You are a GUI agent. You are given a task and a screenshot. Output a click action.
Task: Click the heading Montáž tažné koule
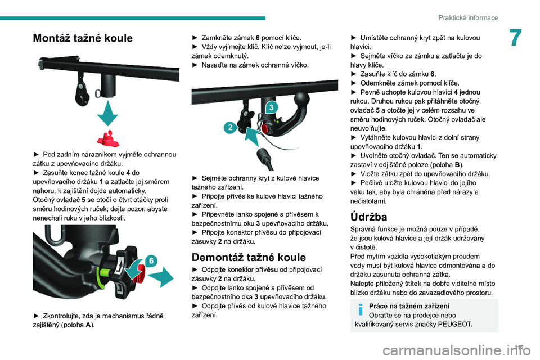click(x=83, y=38)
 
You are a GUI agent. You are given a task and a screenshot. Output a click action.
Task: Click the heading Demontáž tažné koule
click(x=248, y=258)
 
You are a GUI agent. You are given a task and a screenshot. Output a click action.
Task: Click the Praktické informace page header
click(x=468, y=17)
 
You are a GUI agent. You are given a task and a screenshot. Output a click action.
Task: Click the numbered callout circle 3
click(x=271, y=107)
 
